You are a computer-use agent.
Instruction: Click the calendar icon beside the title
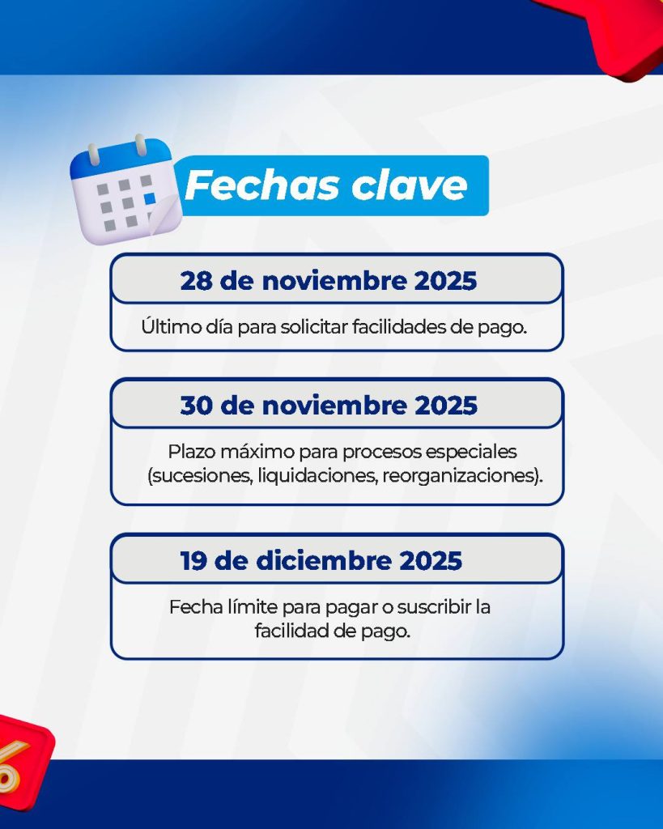[125, 189]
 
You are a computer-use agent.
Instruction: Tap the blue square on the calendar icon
[150, 198]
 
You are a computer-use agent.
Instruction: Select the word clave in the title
[410, 185]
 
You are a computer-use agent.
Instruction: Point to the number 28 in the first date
[196, 281]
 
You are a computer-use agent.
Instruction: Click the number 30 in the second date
[196, 406]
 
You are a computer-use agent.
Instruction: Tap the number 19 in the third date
[193, 561]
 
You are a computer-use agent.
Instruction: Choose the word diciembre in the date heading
[324, 561]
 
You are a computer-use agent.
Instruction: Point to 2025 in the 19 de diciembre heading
[431, 561]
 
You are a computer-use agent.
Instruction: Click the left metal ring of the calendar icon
[94, 154]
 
